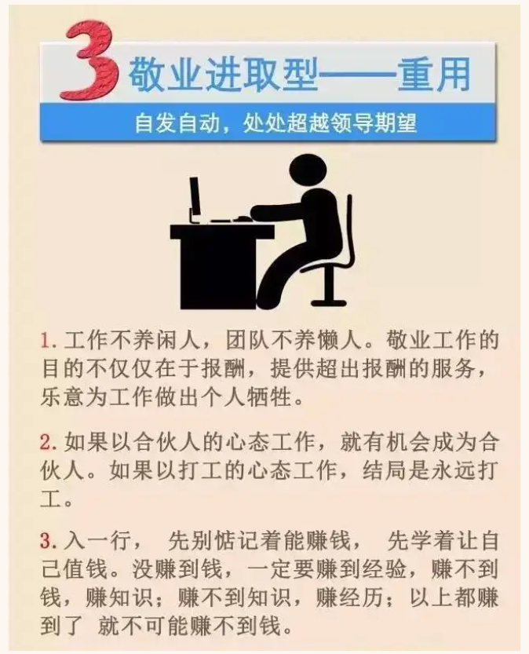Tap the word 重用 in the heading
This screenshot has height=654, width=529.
point(434,75)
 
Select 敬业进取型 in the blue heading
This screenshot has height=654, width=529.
point(223,75)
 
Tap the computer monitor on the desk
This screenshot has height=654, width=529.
point(195,199)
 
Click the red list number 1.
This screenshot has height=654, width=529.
point(48,341)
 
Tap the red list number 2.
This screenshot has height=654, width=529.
point(48,442)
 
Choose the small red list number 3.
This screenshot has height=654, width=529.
point(48,542)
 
